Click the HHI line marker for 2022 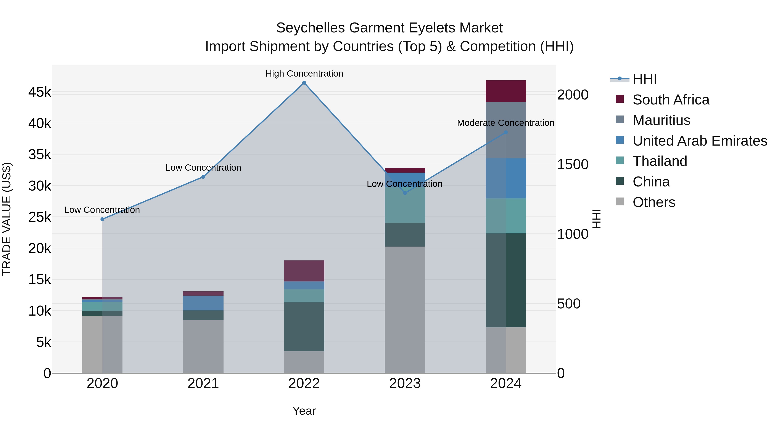[x=304, y=83]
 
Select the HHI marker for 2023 [x=405, y=193]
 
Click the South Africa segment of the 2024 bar [x=506, y=91]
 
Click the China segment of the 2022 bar [x=304, y=326]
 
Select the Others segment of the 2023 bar [x=405, y=310]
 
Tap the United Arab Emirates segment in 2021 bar [x=203, y=303]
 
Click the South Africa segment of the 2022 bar [x=304, y=271]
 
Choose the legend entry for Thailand [x=660, y=161]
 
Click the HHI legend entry [x=644, y=79]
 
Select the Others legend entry [x=654, y=202]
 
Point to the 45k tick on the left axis [x=40, y=92]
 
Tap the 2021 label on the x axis [x=203, y=383]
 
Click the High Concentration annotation [x=304, y=74]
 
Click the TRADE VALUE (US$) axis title [x=7, y=219]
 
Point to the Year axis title [x=304, y=411]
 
